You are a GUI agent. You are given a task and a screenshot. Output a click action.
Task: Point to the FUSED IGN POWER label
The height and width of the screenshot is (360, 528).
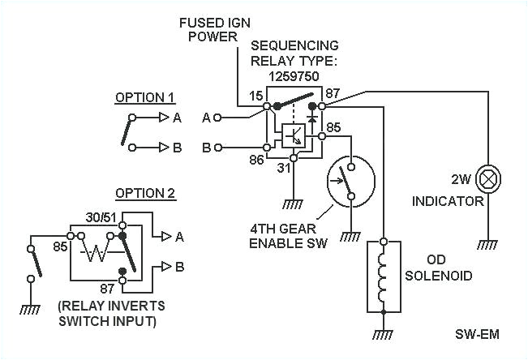[x=210, y=28]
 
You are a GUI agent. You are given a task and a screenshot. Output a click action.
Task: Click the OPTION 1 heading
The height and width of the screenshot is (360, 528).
[x=144, y=97]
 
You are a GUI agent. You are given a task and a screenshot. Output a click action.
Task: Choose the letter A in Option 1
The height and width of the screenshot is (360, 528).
[x=177, y=118]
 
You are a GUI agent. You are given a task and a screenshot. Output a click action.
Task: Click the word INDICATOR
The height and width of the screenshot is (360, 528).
[x=447, y=200]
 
